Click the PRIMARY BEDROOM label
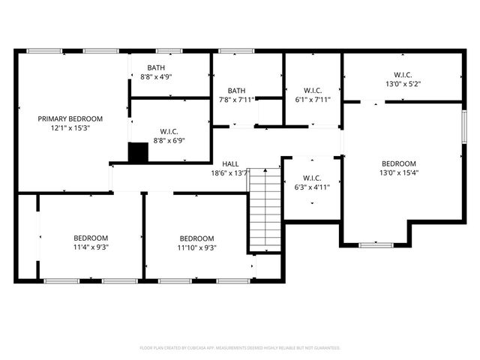pyautogui.click(x=70, y=118)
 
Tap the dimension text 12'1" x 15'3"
pyautogui.click(x=70, y=128)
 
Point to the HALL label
pyautogui.click(x=230, y=164)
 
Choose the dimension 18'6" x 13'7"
pyautogui.click(x=230, y=174)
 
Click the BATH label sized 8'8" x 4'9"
pyautogui.click(x=157, y=67)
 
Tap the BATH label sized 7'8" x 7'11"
pyautogui.click(x=236, y=90)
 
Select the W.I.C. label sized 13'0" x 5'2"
pyautogui.click(x=401, y=74)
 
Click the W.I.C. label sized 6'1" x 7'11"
pyautogui.click(x=313, y=90)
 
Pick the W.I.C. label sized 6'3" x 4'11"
pyautogui.click(x=313, y=178)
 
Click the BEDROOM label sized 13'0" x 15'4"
pyautogui.click(x=398, y=163)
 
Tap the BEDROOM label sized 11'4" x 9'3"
pyautogui.click(x=90, y=238)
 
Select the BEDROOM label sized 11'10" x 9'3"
pyautogui.click(x=196, y=238)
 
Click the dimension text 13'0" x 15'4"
pyautogui.click(x=398, y=173)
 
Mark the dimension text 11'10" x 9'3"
pyautogui.click(x=196, y=247)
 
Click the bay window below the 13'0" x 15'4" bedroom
pyautogui.click(x=374, y=244)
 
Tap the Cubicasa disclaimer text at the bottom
pyautogui.click(x=240, y=348)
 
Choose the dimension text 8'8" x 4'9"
pyautogui.click(x=157, y=76)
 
